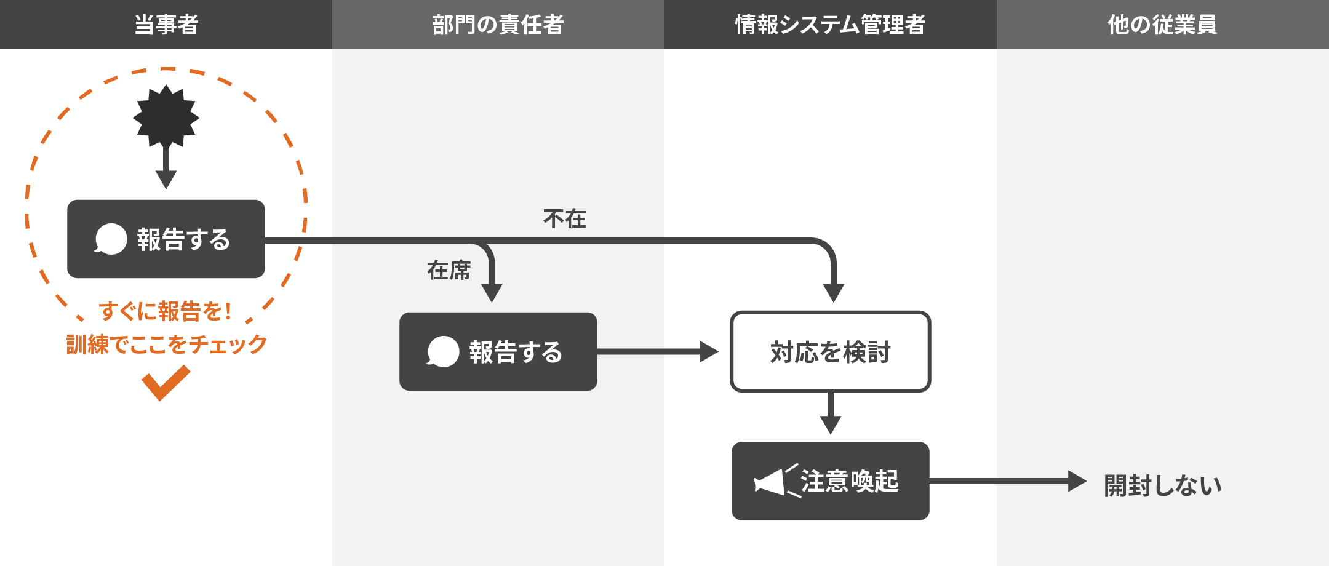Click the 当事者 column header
[166, 25]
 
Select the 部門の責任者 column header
[498, 25]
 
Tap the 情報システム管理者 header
[830, 25]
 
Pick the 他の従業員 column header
[1162, 25]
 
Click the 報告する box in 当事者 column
[166, 239]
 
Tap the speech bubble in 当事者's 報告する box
[111, 239]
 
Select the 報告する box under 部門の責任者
[498, 351]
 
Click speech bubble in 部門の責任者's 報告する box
[443, 351]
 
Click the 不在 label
[564, 218]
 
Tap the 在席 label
[449, 270]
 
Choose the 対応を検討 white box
[830, 351]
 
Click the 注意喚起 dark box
[830, 481]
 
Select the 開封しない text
[1162, 485]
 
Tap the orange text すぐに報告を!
[166, 311]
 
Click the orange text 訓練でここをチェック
[166, 344]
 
